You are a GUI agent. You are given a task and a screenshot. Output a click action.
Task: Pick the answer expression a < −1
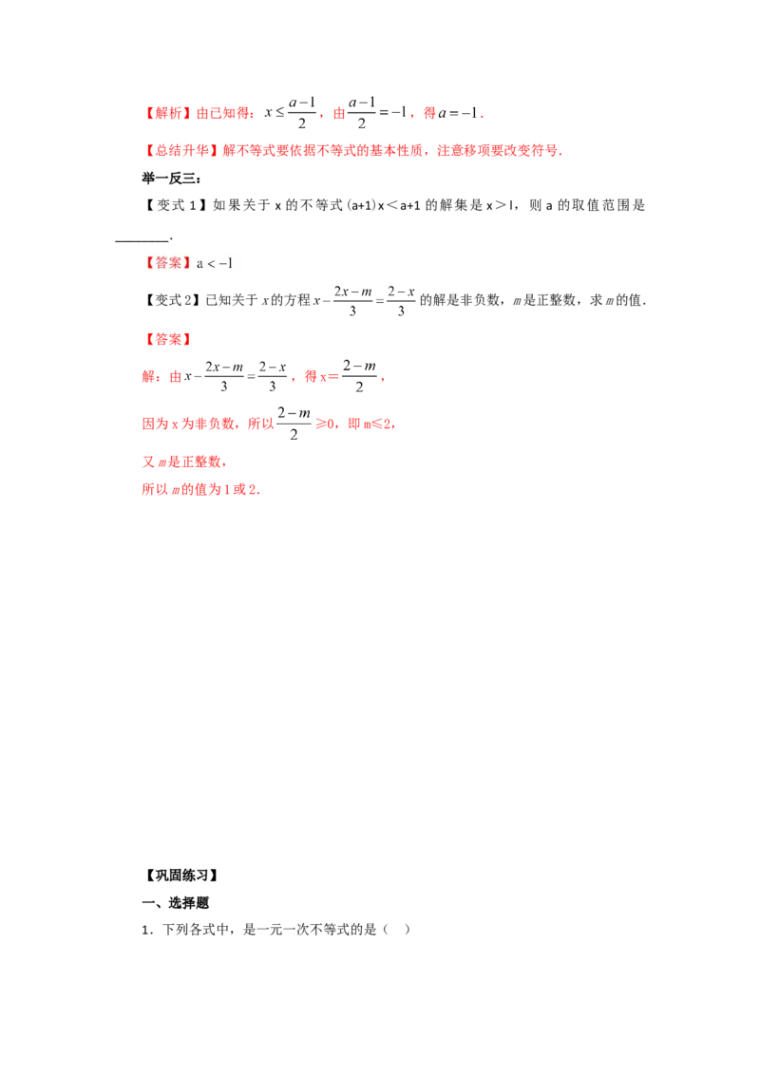click(215, 263)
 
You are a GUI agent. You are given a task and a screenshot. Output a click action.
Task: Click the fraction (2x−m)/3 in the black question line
click(352, 300)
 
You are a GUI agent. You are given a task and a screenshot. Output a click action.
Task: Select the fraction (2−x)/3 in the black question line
click(401, 300)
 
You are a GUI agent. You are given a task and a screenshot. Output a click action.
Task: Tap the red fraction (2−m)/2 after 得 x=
click(359, 376)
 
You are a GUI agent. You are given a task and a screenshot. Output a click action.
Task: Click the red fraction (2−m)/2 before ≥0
click(294, 424)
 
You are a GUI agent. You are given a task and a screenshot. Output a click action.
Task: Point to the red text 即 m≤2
click(370, 424)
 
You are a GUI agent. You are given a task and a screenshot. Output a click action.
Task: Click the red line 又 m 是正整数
click(182, 462)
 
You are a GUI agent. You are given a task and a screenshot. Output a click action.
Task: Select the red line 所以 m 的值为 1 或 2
click(200, 489)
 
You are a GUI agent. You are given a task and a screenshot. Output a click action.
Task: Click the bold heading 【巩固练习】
click(181, 876)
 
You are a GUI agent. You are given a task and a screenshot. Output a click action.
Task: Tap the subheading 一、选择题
click(175, 903)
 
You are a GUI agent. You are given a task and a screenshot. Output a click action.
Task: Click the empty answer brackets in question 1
click(396, 930)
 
